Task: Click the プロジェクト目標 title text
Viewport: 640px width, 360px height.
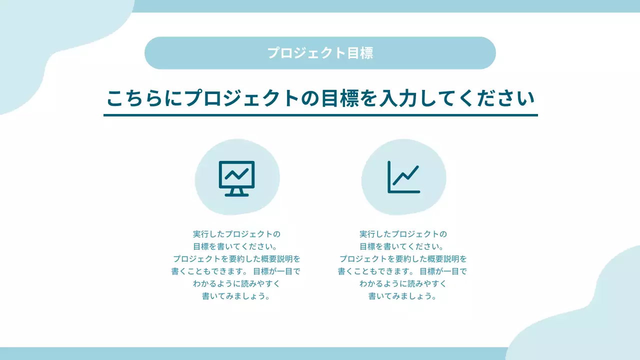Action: coord(320,53)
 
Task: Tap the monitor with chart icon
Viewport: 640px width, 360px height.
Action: coord(236,178)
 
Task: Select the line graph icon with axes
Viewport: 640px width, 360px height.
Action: coord(403,177)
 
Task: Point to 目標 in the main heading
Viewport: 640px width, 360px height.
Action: coord(342,98)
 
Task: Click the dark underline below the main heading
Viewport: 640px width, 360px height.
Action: coord(320,115)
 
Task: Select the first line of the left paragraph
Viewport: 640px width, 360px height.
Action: coord(236,234)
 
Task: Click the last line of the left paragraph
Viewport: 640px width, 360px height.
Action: coord(236,296)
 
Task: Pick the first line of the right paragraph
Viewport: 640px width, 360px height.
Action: coord(403,234)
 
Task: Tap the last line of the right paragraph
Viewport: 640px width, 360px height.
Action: coord(403,296)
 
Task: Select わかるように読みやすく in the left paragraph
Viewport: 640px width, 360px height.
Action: coord(236,283)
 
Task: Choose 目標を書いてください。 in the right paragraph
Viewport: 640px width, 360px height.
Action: coord(403,246)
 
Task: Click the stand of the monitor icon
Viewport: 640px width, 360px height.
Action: coord(236,191)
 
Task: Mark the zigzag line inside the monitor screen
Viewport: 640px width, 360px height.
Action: coord(236,174)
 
